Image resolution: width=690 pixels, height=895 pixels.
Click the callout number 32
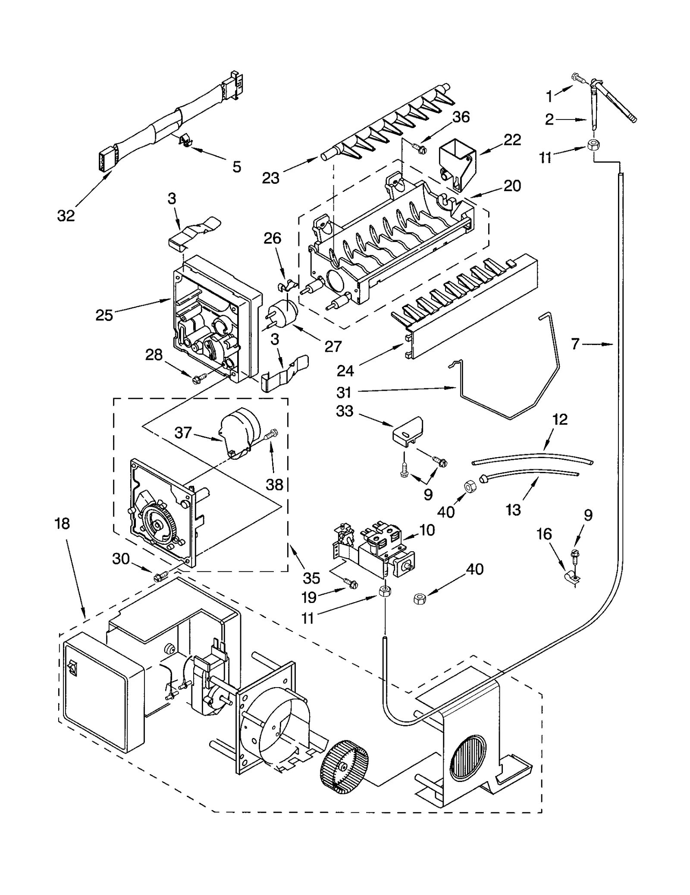(66, 215)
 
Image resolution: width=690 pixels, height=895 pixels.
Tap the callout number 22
(512, 139)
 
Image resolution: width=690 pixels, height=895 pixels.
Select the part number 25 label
(104, 315)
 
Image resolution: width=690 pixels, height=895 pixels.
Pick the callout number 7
(575, 344)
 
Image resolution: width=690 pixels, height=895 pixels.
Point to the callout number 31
(344, 392)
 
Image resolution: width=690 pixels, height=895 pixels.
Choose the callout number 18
(63, 524)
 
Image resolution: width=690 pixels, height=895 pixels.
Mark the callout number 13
(513, 510)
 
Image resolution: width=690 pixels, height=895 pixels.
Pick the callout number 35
(311, 578)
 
